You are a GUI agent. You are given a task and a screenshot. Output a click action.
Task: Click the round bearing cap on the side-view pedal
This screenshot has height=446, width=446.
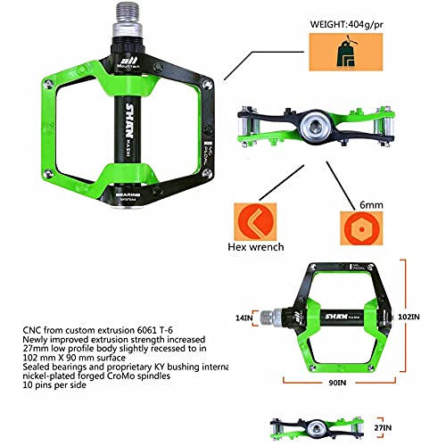click(x=313, y=120)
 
